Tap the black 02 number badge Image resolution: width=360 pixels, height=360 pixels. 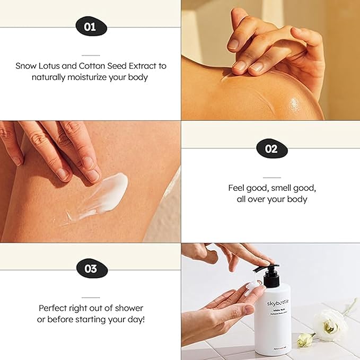coord(271,149)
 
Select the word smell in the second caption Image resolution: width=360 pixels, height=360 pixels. coord(275,188)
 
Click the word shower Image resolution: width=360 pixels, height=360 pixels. coord(129,308)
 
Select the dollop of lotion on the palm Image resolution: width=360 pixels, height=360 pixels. coord(253,287)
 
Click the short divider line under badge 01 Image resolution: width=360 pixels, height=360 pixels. coord(90,55)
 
